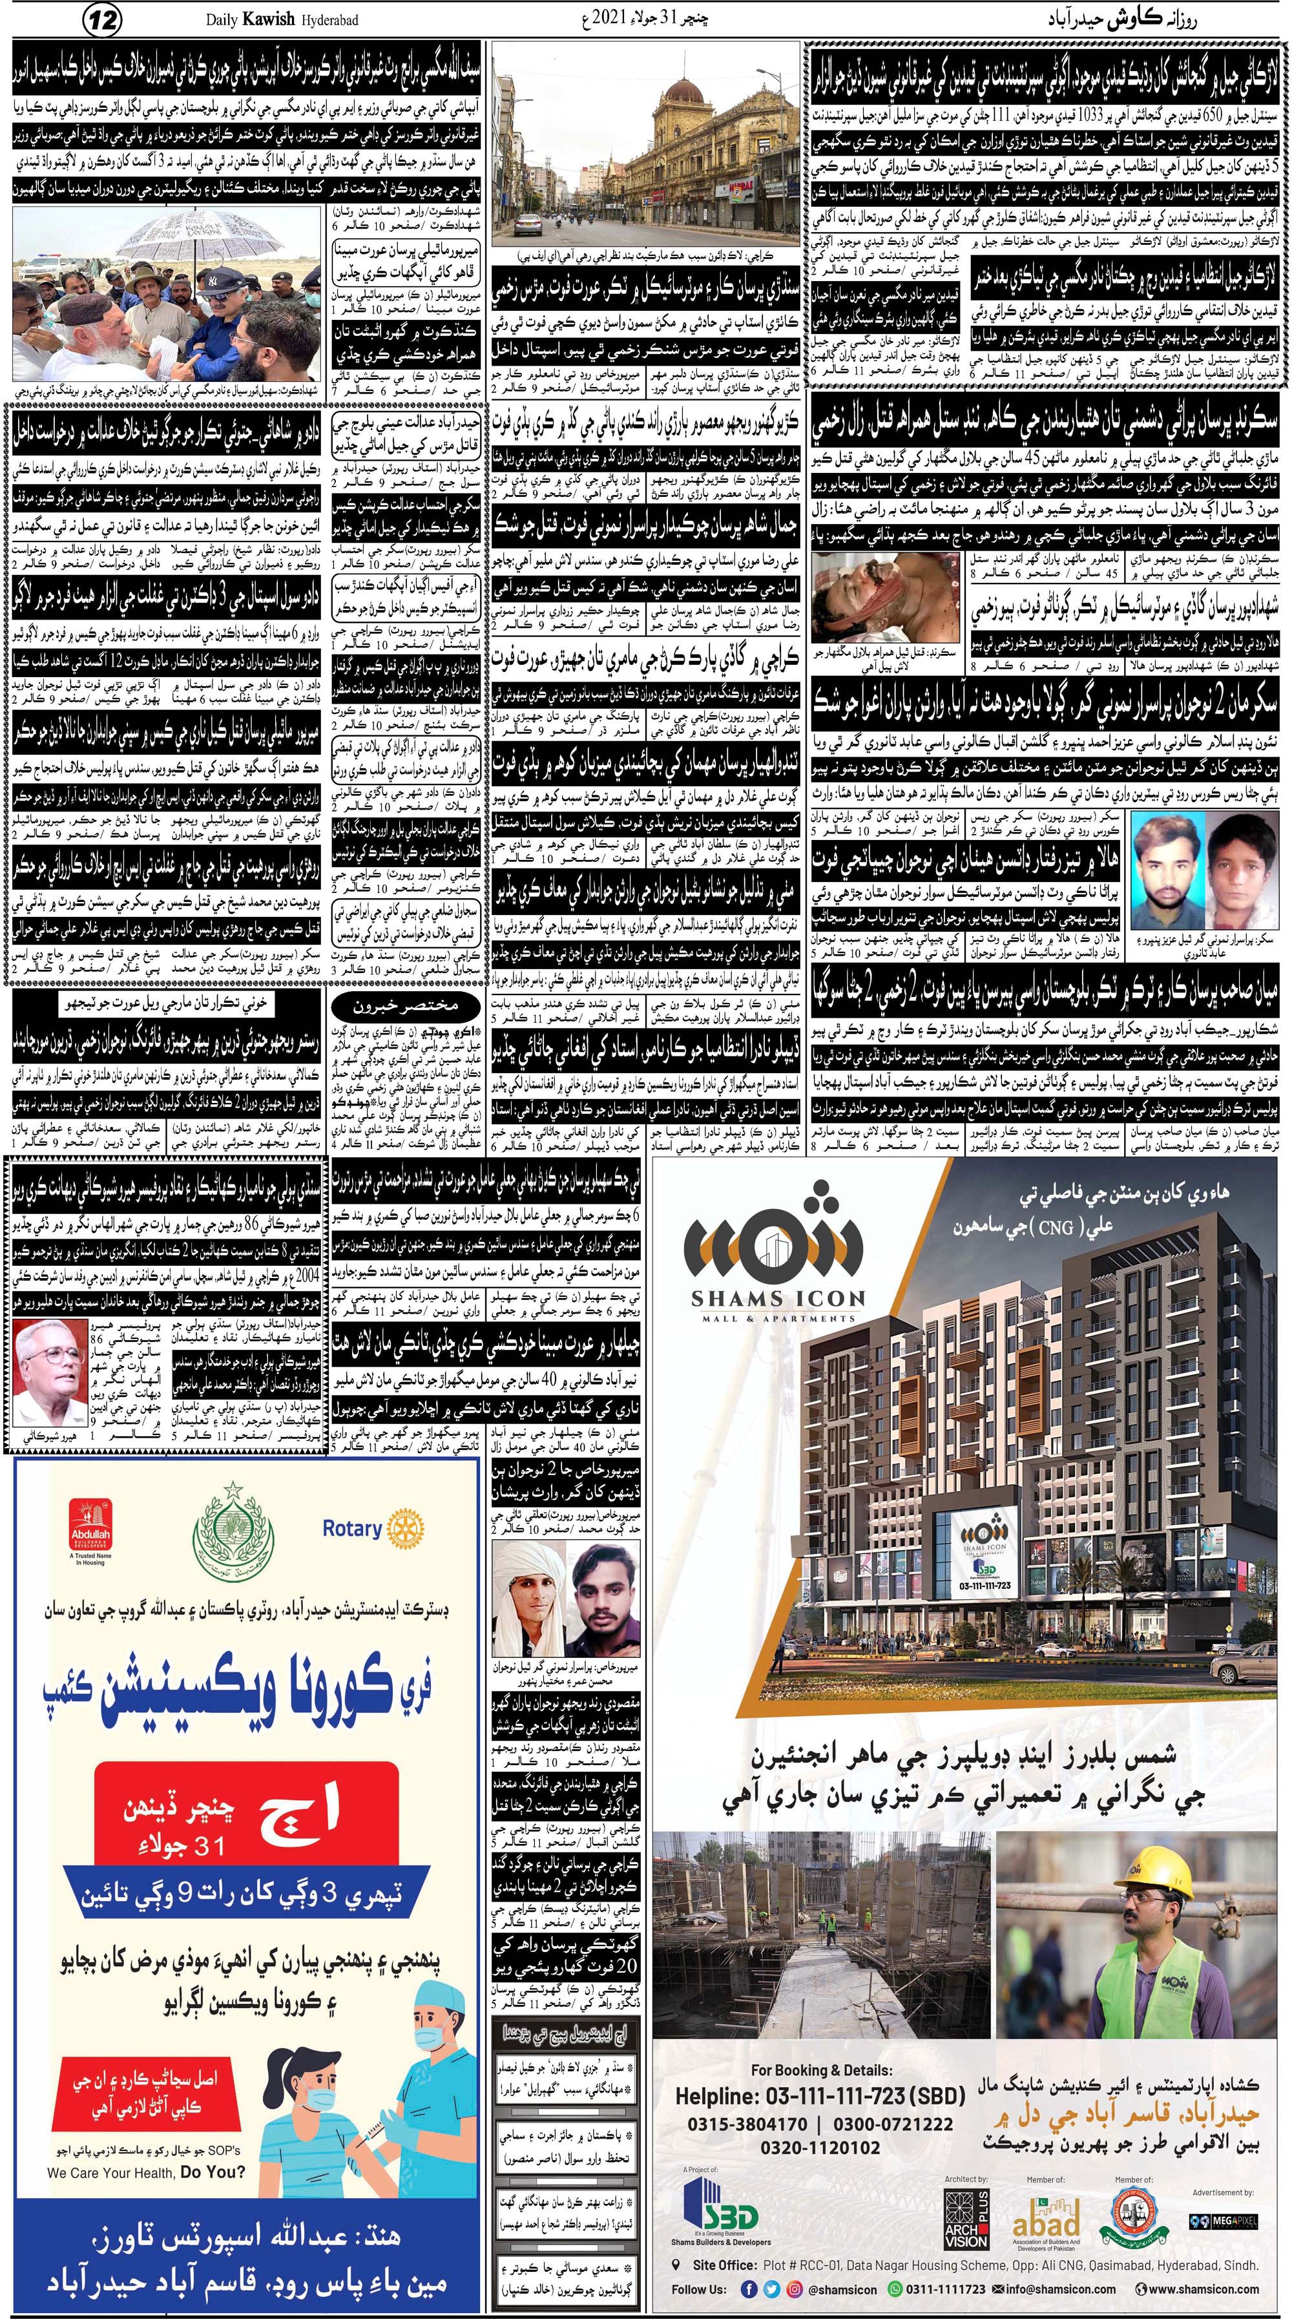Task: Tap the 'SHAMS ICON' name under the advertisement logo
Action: pyautogui.click(x=778, y=1298)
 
